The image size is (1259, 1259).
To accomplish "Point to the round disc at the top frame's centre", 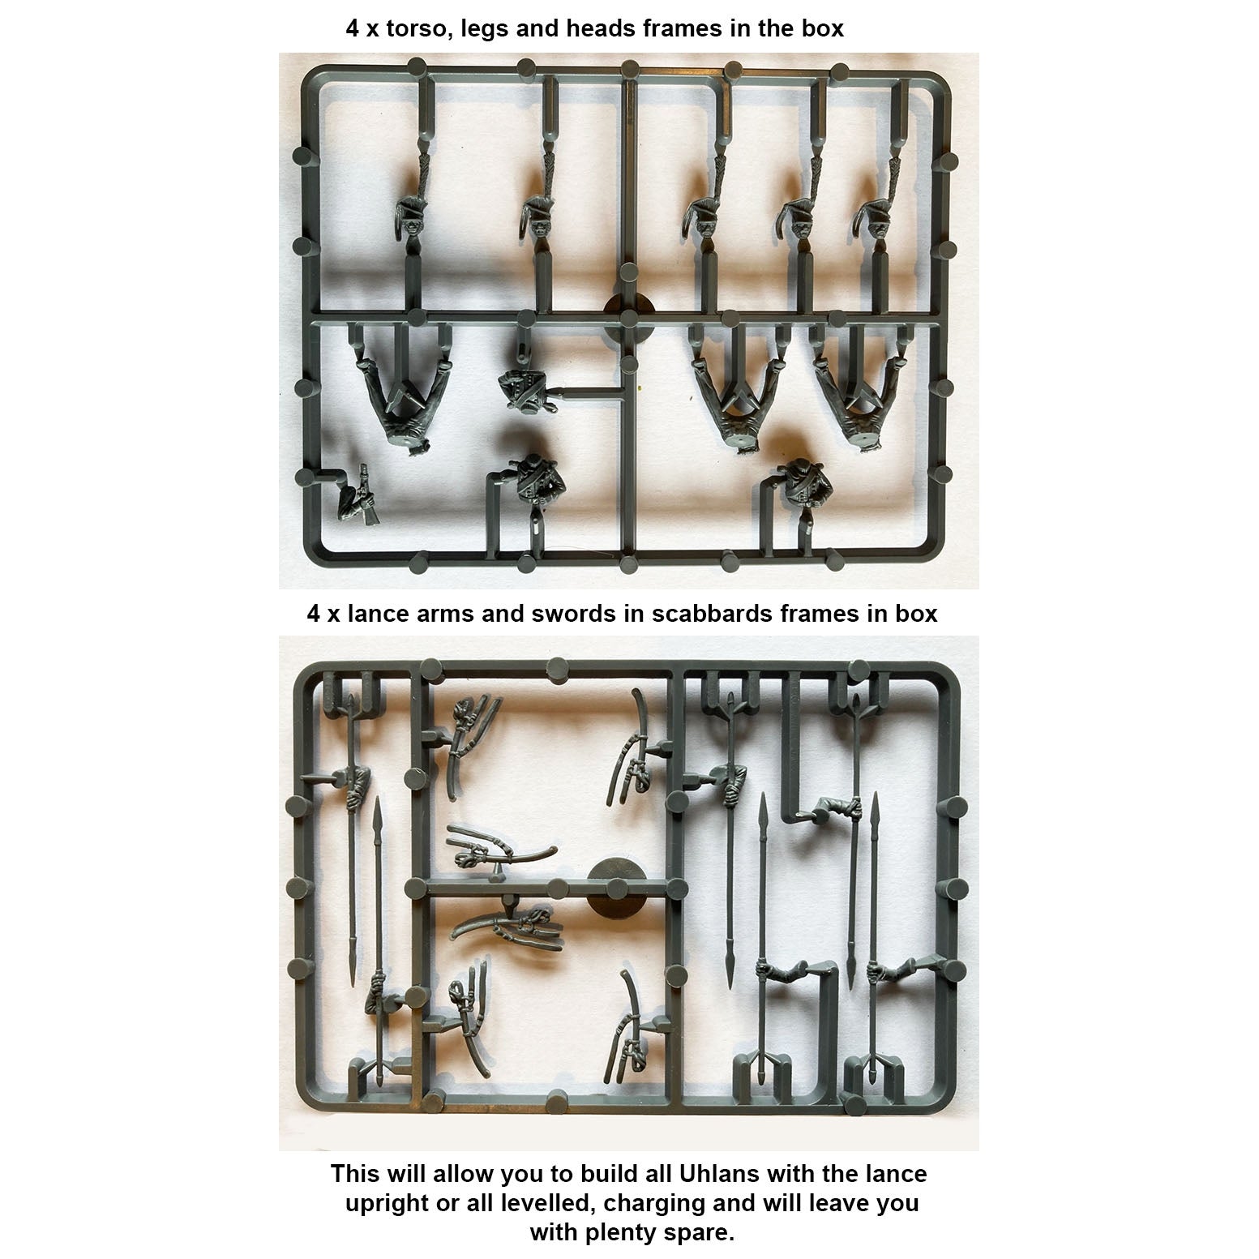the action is (631, 312).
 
